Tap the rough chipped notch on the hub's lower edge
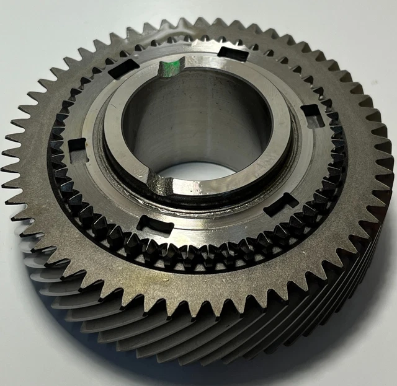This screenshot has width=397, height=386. tap(159, 184)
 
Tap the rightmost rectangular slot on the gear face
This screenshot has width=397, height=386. tap(312, 115)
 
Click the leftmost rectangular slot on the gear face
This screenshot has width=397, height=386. tap(77, 149)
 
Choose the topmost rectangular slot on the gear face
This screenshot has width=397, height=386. tap(233, 53)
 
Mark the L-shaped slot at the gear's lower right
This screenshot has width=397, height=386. tap(280, 204)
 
